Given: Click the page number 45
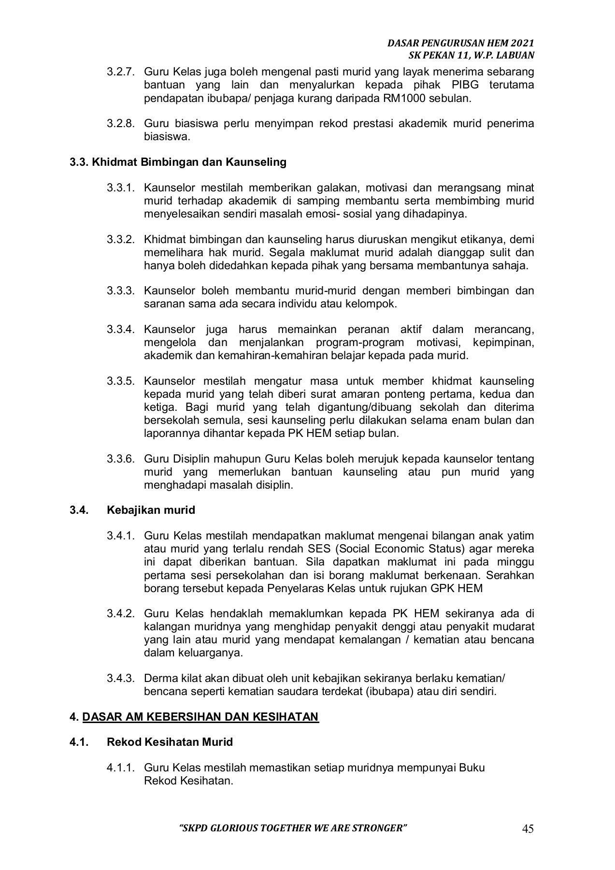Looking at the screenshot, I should (x=528, y=829).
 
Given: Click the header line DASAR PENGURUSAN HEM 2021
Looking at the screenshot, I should (x=461, y=43).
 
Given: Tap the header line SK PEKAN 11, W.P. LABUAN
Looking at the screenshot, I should (x=471, y=55).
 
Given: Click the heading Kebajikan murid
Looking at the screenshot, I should (x=151, y=509).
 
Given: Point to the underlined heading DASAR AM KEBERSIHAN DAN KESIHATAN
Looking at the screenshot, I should (x=200, y=716).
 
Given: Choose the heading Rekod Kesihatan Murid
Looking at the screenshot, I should (x=170, y=741).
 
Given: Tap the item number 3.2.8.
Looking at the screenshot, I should (x=120, y=124).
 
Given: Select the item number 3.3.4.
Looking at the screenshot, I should (x=120, y=330).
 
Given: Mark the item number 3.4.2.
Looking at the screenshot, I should (x=120, y=614).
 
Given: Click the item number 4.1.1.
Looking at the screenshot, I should (x=120, y=768).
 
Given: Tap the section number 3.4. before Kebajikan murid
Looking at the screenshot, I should (x=78, y=509).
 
